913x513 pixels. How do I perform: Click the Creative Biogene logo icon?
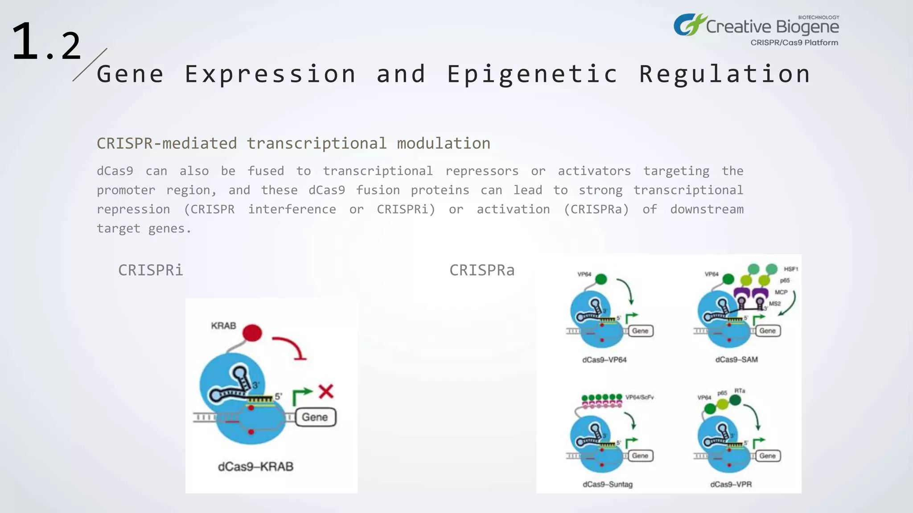click(x=689, y=25)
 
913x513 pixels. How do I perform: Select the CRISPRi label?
click(x=150, y=270)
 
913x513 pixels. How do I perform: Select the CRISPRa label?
click(x=482, y=270)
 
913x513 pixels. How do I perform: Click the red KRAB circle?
click(x=252, y=333)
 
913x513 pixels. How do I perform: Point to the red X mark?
click(x=326, y=391)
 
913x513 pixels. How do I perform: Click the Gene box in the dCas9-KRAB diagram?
click(x=315, y=417)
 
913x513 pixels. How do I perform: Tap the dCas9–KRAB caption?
click(x=255, y=467)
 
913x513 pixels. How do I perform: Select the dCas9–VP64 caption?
click(x=604, y=360)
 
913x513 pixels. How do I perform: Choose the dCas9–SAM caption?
click(x=736, y=359)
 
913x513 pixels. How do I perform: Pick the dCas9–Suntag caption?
click(x=607, y=484)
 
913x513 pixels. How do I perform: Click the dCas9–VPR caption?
click(x=731, y=484)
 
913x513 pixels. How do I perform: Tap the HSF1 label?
click(x=791, y=269)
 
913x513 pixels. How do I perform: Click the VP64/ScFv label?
click(x=639, y=397)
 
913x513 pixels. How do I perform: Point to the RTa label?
click(x=740, y=391)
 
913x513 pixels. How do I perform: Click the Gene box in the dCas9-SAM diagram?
click(x=768, y=331)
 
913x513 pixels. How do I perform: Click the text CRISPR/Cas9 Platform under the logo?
click(x=794, y=43)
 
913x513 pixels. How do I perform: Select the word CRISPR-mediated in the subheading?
click(x=167, y=143)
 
